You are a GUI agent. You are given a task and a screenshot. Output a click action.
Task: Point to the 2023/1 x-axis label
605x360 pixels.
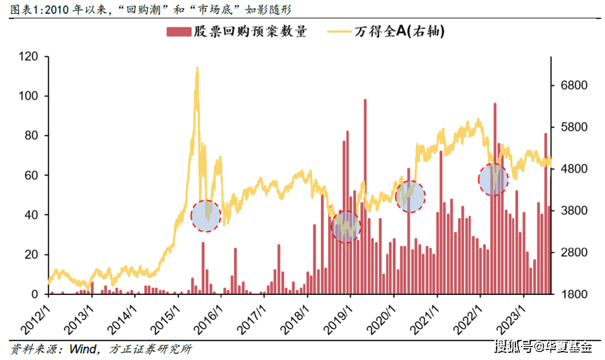(x=515, y=312)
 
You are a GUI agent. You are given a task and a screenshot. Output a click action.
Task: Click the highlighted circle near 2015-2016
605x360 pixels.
(x=206, y=215)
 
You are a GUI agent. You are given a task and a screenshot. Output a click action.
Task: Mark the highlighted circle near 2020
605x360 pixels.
(x=410, y=196)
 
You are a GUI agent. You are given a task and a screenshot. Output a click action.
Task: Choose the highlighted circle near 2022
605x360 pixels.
(x=493, y=179)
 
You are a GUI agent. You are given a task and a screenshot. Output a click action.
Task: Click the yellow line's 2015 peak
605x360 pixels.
(x=197, y=69)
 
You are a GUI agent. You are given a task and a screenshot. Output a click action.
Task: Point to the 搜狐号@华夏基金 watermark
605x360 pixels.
(x=543, y=346)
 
